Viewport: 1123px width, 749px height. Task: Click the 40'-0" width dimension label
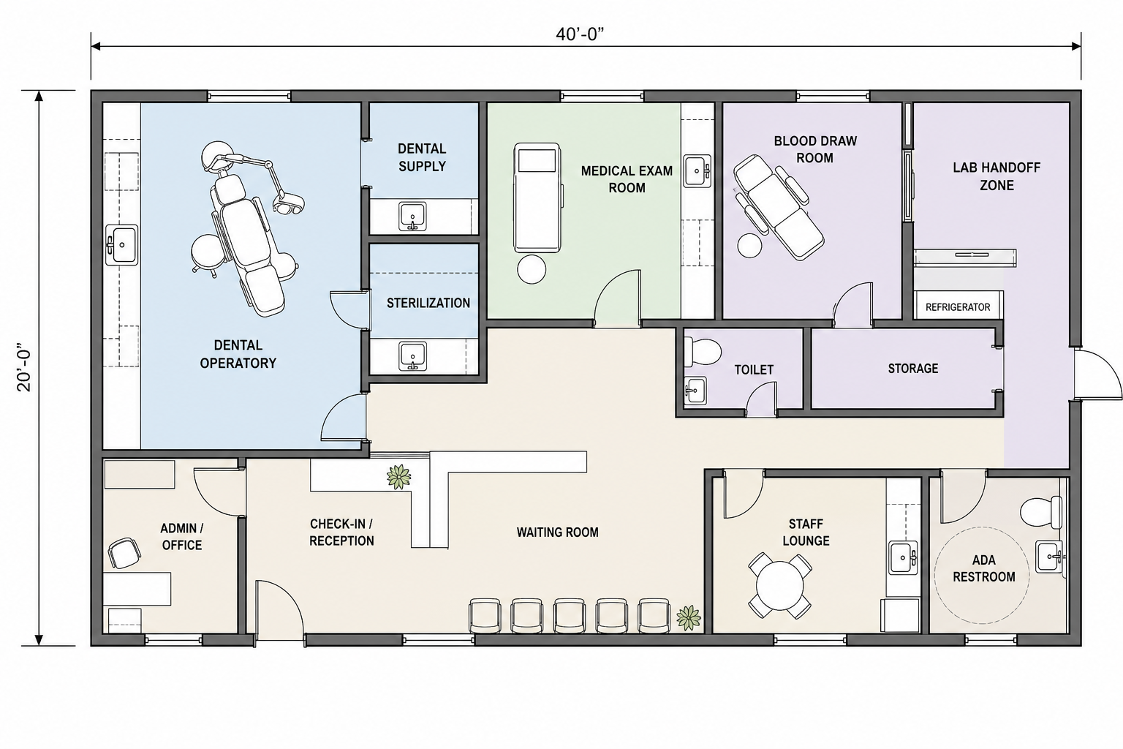coord(579,34)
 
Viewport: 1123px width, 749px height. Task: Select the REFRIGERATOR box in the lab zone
coord(958,307)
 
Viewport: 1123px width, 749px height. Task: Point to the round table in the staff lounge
coord(779,585)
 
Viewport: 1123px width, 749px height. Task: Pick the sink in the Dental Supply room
coord(412,217)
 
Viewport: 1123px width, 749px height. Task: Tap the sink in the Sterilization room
coord(412,356)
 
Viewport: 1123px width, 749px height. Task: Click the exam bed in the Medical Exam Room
coord(537,197)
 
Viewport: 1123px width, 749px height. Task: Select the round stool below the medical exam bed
coord(531,269)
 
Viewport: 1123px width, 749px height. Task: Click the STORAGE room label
coord(913,369)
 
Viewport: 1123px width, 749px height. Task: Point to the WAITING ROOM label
coord(558,532)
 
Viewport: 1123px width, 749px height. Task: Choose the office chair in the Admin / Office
coord(124,553)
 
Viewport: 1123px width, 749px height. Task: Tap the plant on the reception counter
coord(399,477)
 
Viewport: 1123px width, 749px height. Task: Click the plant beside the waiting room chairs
coord(688,618)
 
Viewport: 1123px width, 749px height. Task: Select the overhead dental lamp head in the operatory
coord(288,202)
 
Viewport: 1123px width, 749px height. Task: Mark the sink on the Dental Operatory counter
coord(122,245)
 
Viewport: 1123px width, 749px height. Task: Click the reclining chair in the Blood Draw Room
coord(778,207)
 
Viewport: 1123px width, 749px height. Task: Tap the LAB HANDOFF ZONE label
coord(997,176)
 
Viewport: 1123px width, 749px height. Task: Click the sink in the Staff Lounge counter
coord(904,557)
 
